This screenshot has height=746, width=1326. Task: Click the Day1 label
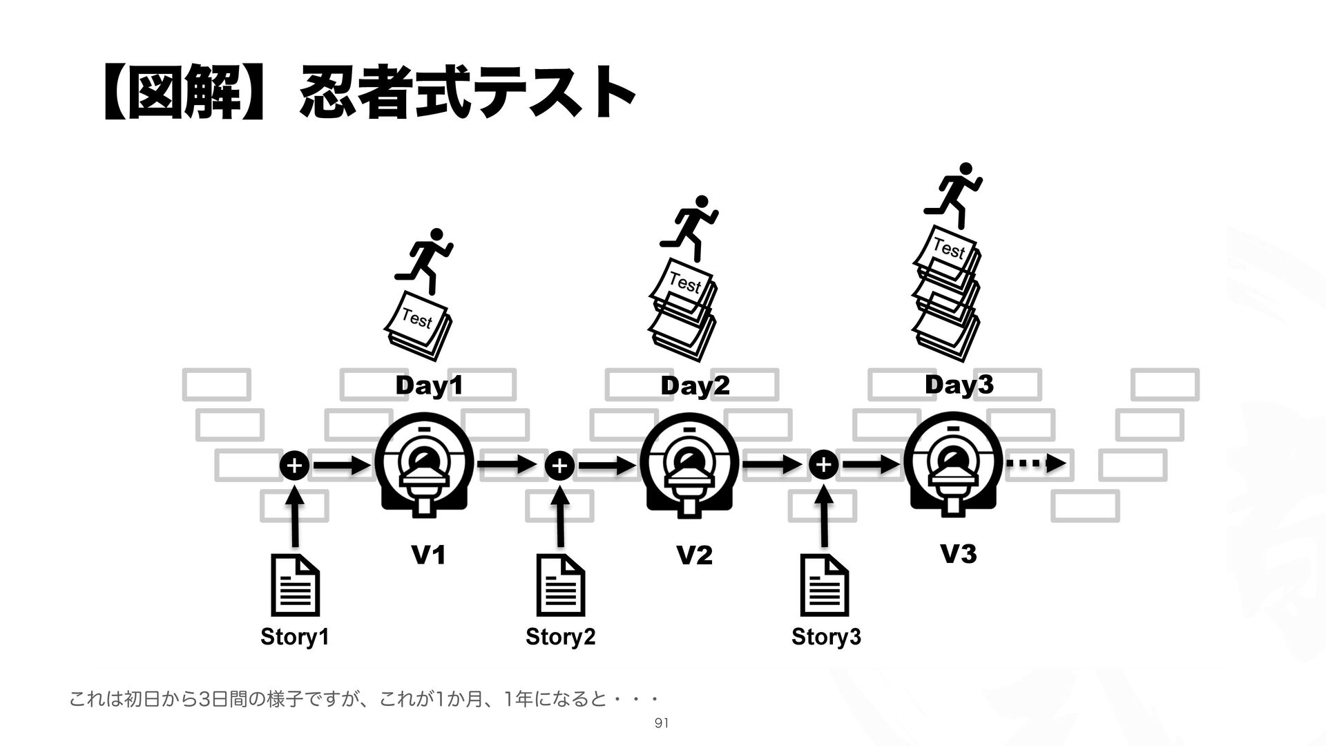pyautogui.click(x=428, y=387)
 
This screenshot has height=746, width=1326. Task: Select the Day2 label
pyautogui.click(x=695, y=387)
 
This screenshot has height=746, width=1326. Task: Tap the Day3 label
pyautogui.click(x=959, y=385)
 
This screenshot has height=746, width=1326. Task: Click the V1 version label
pyautogui.click(x=428, y=555)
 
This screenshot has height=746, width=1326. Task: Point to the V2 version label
pyautogui.click(x=694, y=555)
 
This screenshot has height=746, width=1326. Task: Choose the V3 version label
pyautogui.click(x=959, y=554)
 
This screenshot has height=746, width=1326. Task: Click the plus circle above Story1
pyautogui.click(x=294, y=466)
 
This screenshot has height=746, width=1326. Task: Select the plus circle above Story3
pyautogui.click(x=824, y=466)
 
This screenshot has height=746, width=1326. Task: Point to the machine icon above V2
pyautogui.click(x=689, y=467)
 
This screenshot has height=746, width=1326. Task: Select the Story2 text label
pyautogui.click(x=560, y=636)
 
